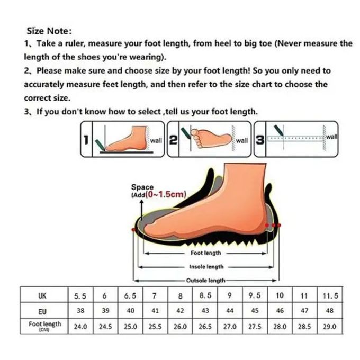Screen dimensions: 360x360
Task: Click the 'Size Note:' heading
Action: click(x=49, y=31)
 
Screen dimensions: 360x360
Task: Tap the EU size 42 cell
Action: click(x=180, y=311)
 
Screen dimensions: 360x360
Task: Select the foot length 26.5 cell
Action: click(x=205, y=326)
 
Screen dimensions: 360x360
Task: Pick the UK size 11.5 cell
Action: click(x=330, y=295)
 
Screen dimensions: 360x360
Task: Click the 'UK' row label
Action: click(x=42, y=296)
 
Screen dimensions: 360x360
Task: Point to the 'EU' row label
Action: click(x=42, y=311)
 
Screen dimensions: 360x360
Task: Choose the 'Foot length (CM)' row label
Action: click(x=45, y=326)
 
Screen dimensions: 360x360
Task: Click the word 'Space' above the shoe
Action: click(x=142, y=187)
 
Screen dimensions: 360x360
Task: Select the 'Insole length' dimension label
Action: click(x=206, y=266)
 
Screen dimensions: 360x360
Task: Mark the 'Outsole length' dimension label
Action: click(x=206, y=281)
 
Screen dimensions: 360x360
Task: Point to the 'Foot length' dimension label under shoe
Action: click(x=206, y=253)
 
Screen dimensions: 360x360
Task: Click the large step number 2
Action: click(x=173, y=140)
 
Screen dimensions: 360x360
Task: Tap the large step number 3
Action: click(x=260, y=140)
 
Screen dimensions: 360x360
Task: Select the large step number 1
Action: click(x=86, y=140)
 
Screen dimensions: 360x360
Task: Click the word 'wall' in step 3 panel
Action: click(x=332, y=137)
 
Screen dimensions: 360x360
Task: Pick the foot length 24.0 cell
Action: click(x=80, y=326)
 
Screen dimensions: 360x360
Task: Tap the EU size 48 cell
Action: click(x=330, y=311)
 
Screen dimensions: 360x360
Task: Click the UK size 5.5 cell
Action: click(x=80, y=296)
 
